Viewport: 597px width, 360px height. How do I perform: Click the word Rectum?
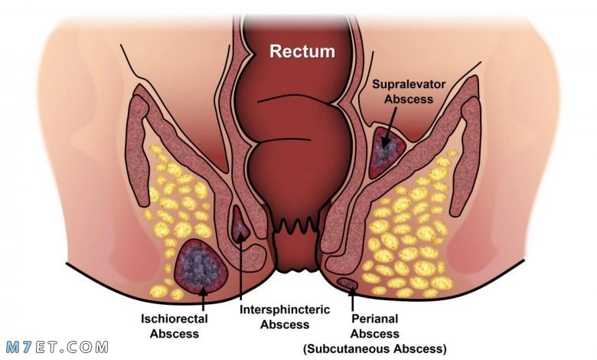point(302,51)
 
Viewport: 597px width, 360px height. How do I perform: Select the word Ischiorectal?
point(175,319)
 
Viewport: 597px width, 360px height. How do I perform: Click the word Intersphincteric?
point(285,309)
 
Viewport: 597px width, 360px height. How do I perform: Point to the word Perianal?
point(374,319)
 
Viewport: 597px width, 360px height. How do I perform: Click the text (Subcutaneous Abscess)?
point(374,349)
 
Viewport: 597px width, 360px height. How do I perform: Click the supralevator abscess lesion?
point(387,152)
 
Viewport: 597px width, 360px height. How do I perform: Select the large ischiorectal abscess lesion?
point(201,267)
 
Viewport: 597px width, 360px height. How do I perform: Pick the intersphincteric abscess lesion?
point(240,224)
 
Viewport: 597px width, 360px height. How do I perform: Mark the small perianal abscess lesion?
point(347,283)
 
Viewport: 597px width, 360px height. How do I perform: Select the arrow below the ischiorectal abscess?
point(204,299)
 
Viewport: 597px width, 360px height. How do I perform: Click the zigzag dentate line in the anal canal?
point(297,227)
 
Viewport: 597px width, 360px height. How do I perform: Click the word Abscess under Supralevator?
point(409,99)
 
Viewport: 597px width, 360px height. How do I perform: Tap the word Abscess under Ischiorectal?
point(175,334)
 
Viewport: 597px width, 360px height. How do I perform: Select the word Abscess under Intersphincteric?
point(285,325)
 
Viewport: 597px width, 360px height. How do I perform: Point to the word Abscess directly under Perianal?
point(374,334)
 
